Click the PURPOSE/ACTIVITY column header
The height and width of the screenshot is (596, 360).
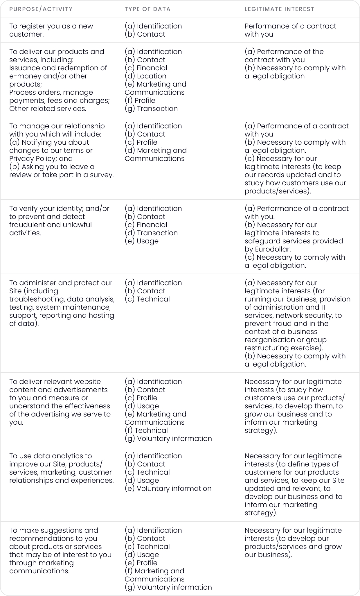click(x=41, y=9)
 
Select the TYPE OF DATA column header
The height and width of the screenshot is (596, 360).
click(x=147, y=9)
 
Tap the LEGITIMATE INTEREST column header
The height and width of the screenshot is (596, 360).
click(x=279, y=9)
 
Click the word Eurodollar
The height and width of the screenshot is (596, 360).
click(x=273, y=249)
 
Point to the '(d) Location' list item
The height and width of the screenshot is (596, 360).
click(x=145, y=76)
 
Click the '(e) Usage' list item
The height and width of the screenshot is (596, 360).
click(x=142, y=241)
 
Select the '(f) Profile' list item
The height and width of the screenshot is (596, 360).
click(x=140, y=100)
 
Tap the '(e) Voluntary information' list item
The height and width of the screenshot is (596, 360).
click(x=168, y=489)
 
